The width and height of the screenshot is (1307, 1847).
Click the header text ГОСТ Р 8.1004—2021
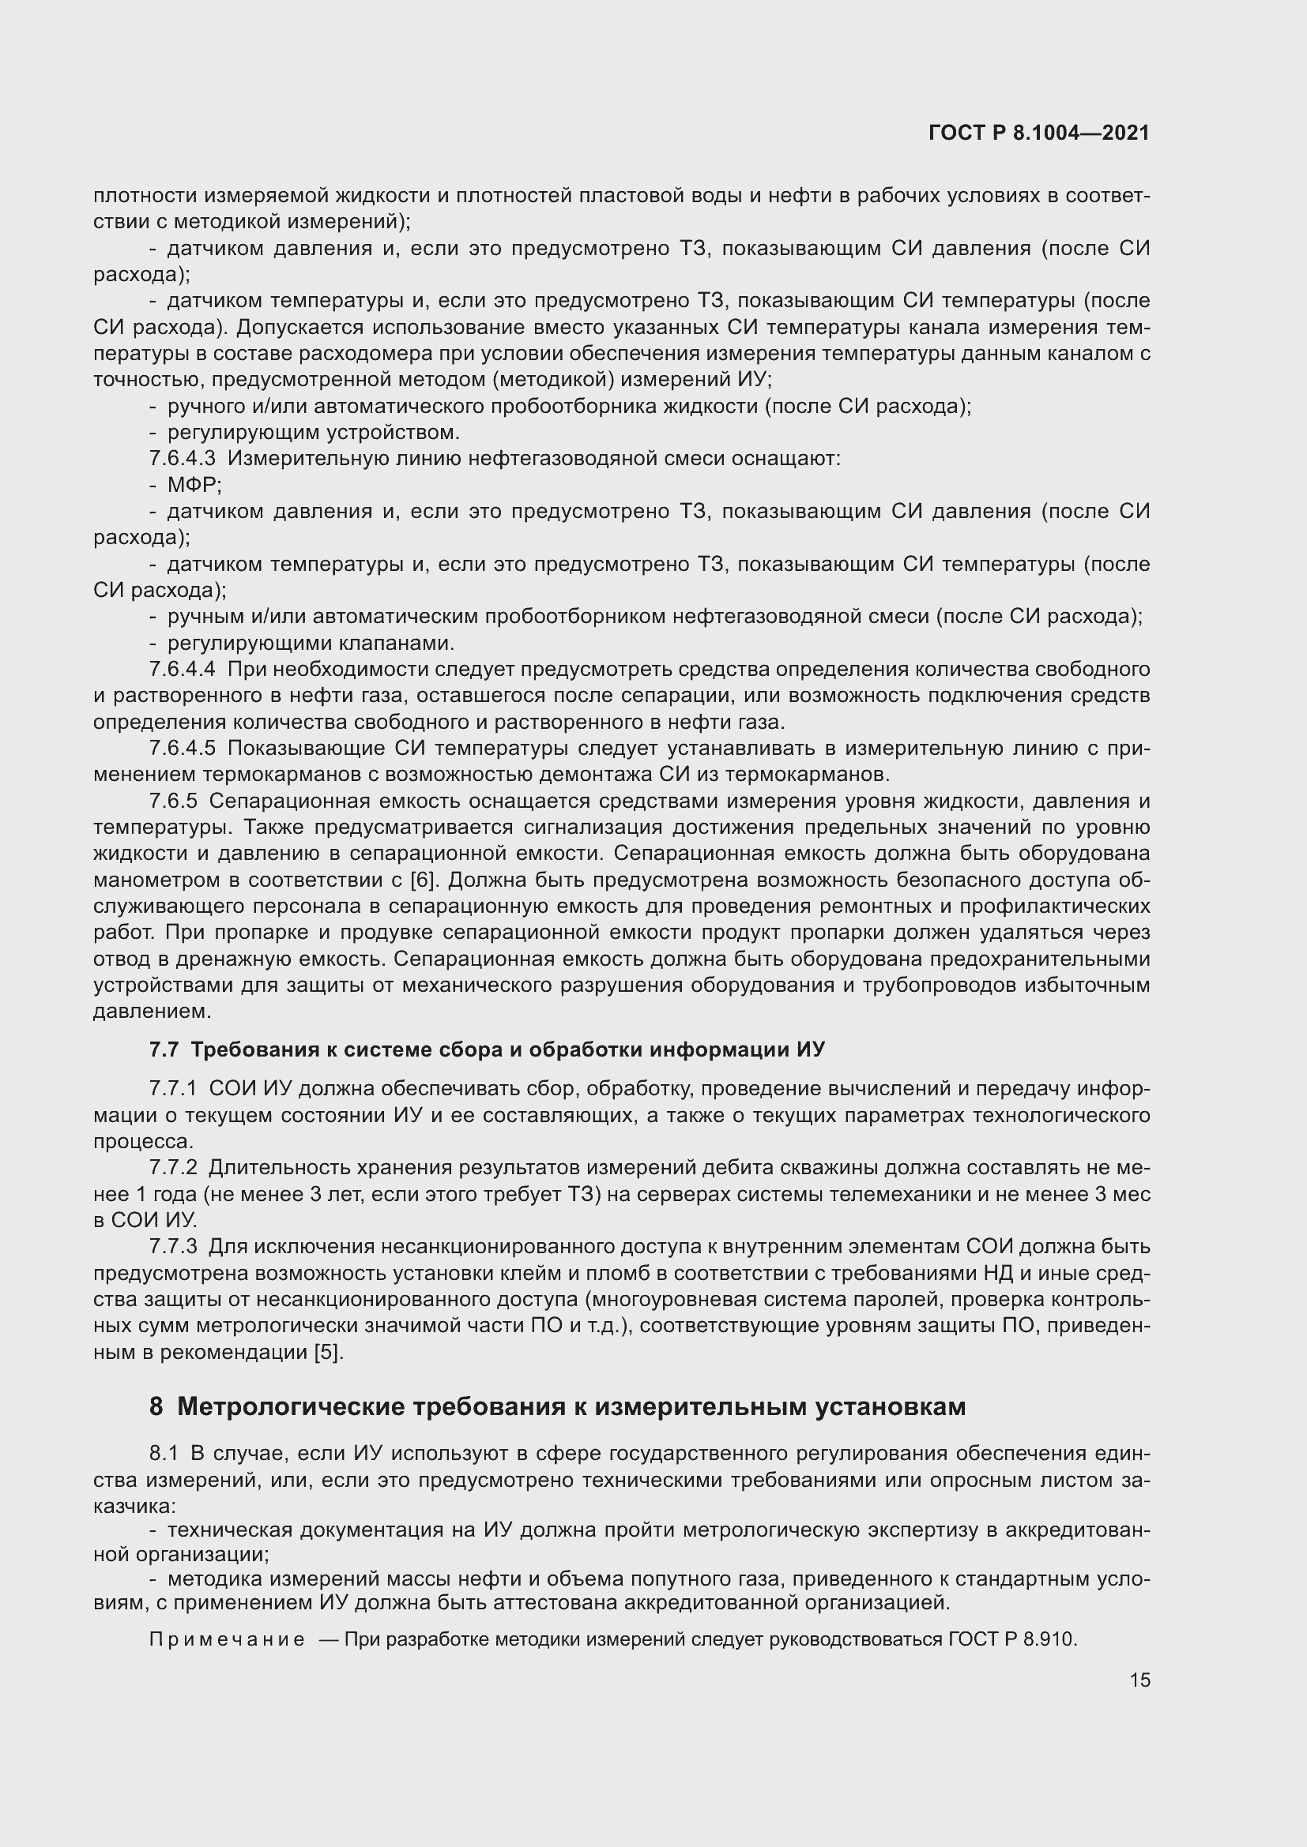coord(1039,133)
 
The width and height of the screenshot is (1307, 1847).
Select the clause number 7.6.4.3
coord(182,459)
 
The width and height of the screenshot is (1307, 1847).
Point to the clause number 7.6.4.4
coord(182,670)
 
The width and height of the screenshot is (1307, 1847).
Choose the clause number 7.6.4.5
coord(182,748)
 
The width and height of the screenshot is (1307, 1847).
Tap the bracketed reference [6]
coord(423,880)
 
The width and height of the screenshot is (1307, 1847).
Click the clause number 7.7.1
coord(173,1089)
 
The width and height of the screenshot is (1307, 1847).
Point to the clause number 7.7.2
coord(173,1167)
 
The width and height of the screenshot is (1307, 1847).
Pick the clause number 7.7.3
coord(173,1246)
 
